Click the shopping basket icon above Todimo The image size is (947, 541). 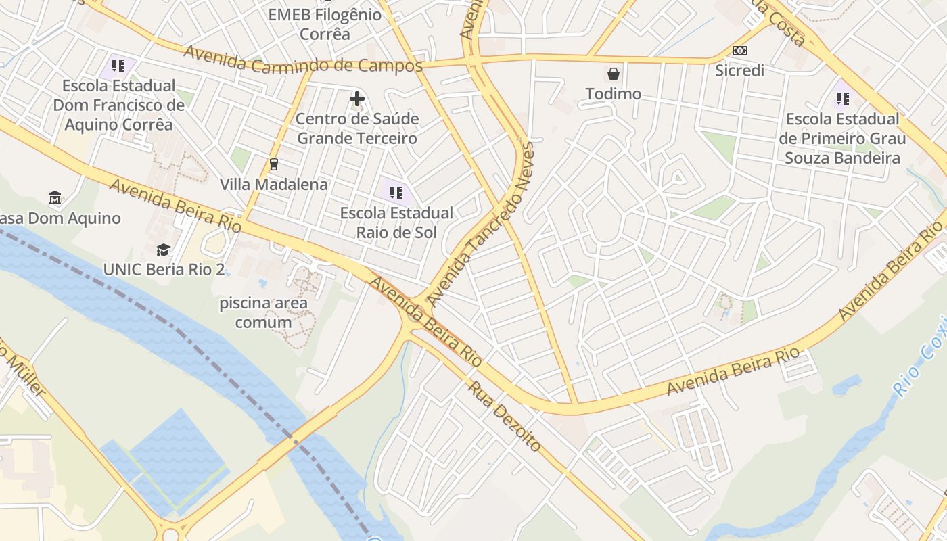tap(614, 73)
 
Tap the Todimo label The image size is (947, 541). tap(614, 94)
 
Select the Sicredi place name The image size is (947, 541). tap(740, 70)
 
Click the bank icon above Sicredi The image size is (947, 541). tap(740, 51)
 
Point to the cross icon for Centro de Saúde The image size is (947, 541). tap(357, 99)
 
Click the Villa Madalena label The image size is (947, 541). tap(274, 184)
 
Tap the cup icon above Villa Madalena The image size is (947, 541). tap(274, 164)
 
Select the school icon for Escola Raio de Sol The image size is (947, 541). tap(396, 193)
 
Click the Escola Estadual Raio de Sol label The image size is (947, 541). tap(396, 222)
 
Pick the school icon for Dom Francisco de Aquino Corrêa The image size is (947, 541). tap(118, 66)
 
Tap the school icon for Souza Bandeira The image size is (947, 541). tap(842, 99)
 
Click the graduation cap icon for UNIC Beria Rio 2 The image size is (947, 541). tap(163, 250)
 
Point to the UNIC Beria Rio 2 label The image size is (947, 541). tap(164, 269)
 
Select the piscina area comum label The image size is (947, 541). tap(264, 312)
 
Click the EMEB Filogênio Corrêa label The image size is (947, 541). tap(325, 24)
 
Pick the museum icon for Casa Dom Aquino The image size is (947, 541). tap(55, 198)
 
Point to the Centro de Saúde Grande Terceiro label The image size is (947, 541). tap(357, 128)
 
